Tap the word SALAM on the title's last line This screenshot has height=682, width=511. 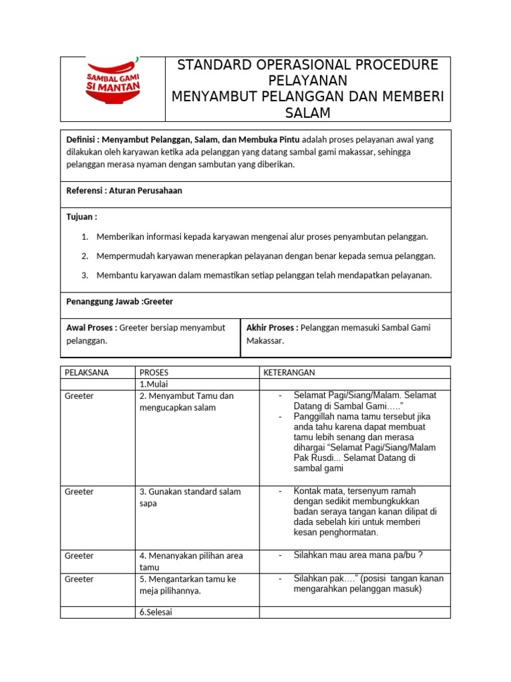click(307, 113)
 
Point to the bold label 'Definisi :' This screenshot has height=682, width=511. click(83, 140)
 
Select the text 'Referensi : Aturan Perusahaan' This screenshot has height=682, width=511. click(124, 190)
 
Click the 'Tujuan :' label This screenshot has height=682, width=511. click(82, 217)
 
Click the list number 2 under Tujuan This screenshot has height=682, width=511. click(85, 256)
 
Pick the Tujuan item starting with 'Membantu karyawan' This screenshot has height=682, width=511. click(264, 275)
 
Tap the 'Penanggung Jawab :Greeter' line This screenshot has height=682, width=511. click(120, 302)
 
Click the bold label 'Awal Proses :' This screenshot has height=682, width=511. click(92, 328)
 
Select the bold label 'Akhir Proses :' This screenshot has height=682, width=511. click(272, 328)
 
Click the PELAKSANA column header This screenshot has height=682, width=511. click(86, 372)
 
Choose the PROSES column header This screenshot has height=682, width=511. click(154, 372)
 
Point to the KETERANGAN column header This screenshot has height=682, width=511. click(289, 372)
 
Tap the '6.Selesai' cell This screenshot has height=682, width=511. click(156, 612)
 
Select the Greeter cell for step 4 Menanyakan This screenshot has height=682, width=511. click(79, 555)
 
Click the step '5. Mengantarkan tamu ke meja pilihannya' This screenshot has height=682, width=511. click(188, 585)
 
